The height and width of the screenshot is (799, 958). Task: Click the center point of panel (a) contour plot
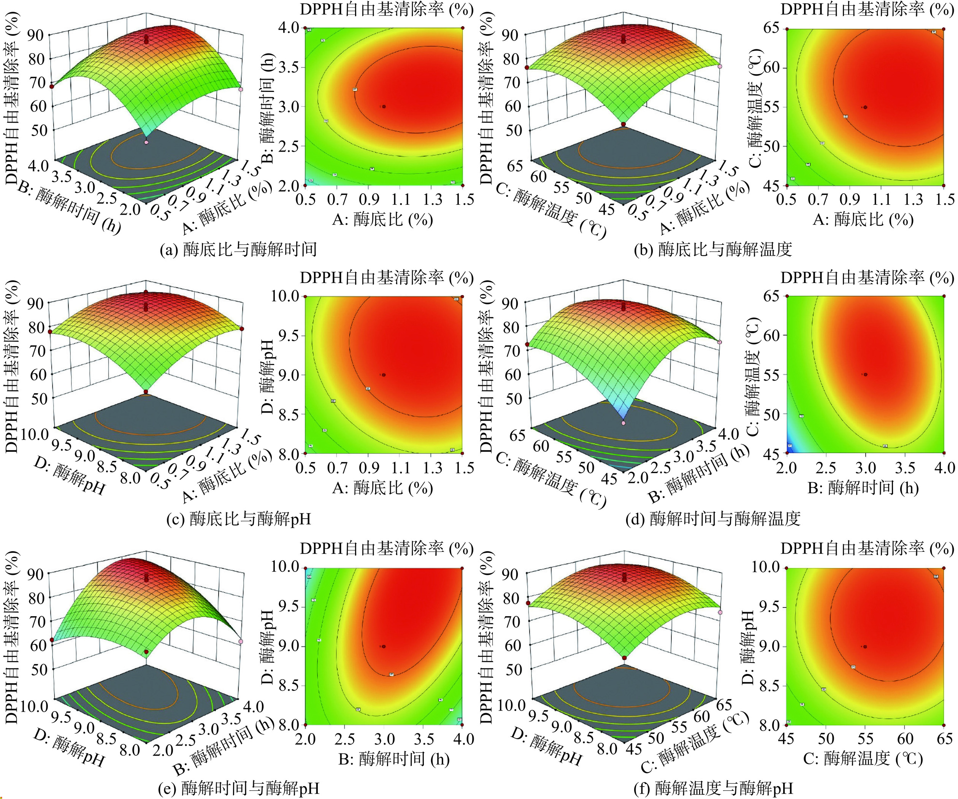click(384, 107)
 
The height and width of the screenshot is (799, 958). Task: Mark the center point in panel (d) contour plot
click(865, 374)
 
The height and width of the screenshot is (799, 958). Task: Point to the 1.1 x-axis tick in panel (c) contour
click(401, 467)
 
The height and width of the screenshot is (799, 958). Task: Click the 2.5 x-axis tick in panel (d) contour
click(826, 467)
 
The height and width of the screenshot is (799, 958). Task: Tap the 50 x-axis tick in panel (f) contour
click(826, 738)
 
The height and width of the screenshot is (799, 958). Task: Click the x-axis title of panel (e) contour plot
click(394, 759)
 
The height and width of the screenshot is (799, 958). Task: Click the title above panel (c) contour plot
click(387, 278)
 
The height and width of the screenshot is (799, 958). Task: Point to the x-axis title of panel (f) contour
click(863, 759)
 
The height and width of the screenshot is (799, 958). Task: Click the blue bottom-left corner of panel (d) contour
click(790, 449)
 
